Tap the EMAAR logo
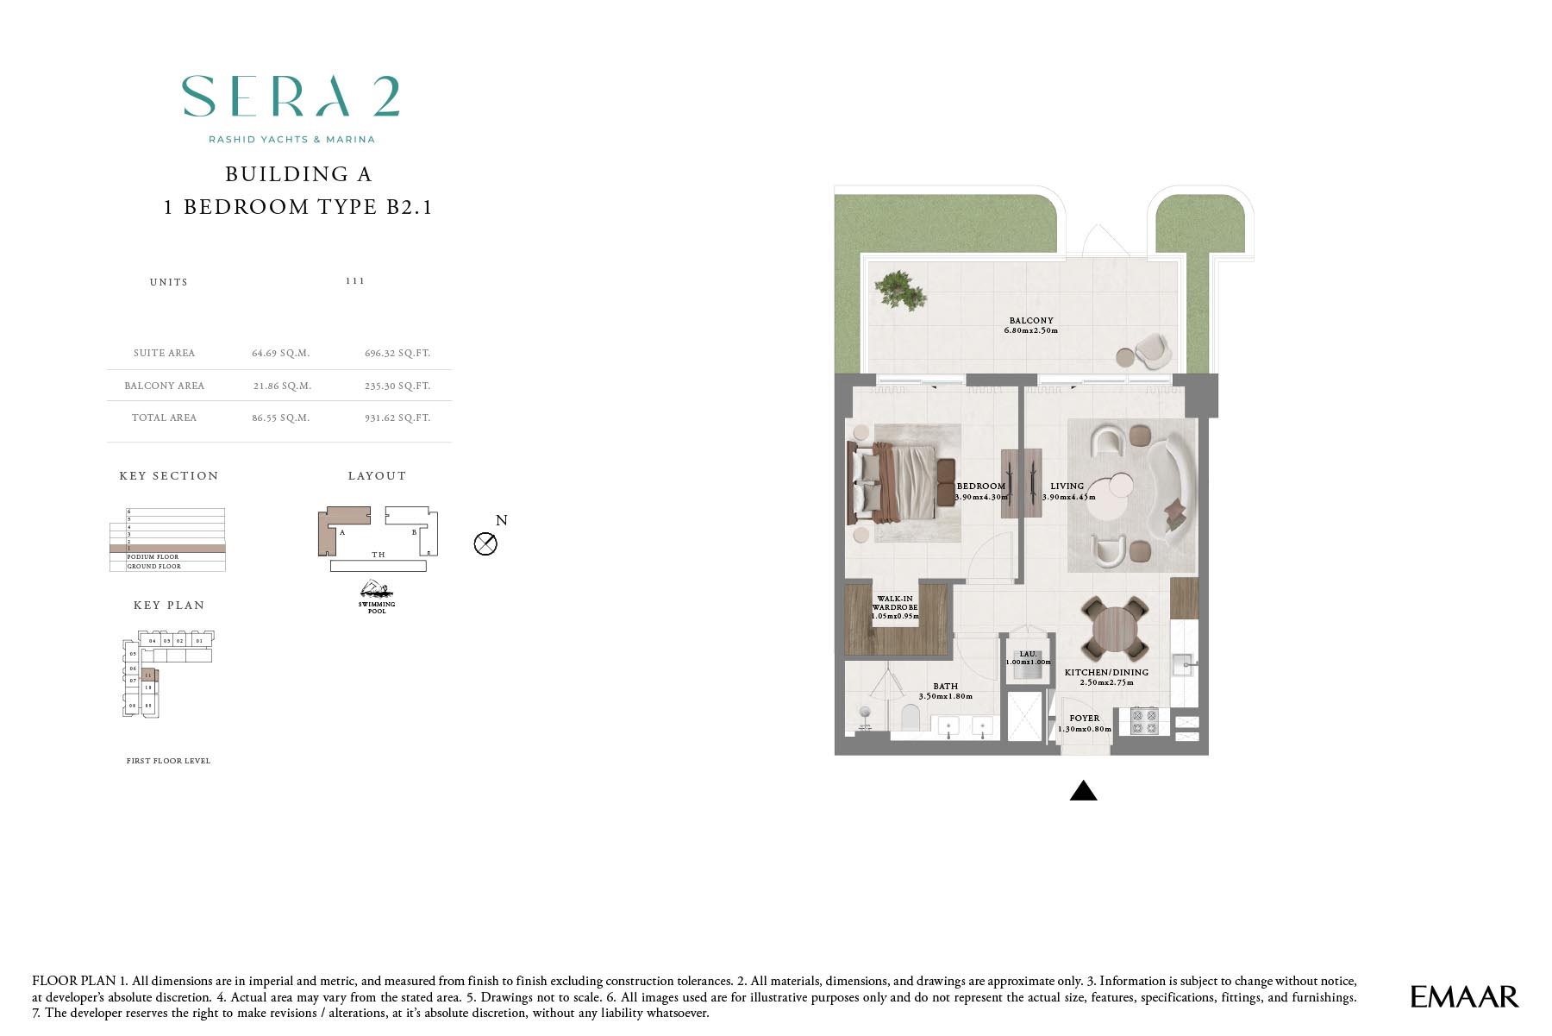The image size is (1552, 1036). coord(1463,997)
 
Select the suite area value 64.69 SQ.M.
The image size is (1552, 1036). coord(280,353)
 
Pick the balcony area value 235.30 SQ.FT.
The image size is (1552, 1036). coord(397,386)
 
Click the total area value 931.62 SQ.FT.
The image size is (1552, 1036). coord(397,418)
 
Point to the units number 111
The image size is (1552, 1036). coord(354,281)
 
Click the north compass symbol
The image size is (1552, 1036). coord(485,543)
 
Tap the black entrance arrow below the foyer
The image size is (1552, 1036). coord(1083,790)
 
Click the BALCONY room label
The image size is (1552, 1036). coord(1031,320)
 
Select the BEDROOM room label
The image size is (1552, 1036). coord(980,487)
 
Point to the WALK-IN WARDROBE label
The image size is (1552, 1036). coord(895,603)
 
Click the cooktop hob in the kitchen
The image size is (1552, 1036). coord(1144,721)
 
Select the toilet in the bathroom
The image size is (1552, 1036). coord(910,718)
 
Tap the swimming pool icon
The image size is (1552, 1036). coord(377,591)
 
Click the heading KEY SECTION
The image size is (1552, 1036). coord(169,476)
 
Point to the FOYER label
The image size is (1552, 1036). coord(1084,718)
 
